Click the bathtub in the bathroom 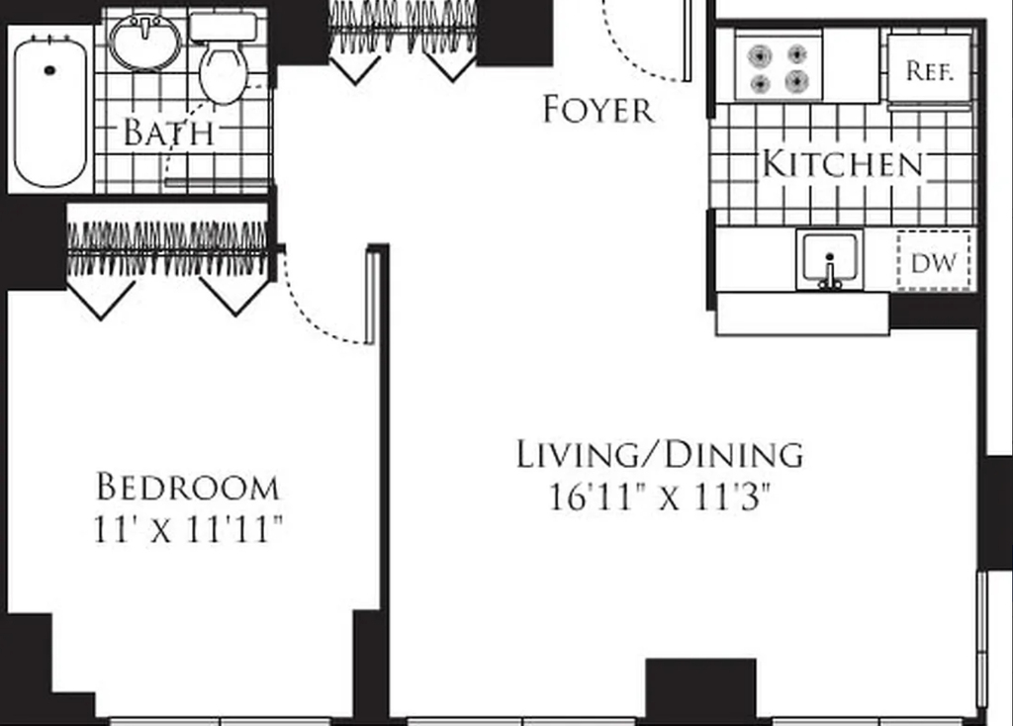click(x=50, y=111)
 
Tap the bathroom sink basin click(x=146, y=42)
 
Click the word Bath click(x=168, y=132)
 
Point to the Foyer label click(x=599, y=109)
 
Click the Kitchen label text click(x=843, y=163)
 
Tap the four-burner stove click(x=779, y=68)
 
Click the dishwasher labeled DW click(x=934, y=261)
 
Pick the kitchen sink click(x=830, y=260)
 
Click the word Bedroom click(x=188, y=487)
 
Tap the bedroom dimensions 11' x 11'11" click(x=188, y=529)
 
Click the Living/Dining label click(x=660, y=455)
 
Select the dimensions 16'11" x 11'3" click(x=660, y=498)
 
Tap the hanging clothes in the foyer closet click(x=404, y=26)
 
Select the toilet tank click(x=224, y=27)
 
